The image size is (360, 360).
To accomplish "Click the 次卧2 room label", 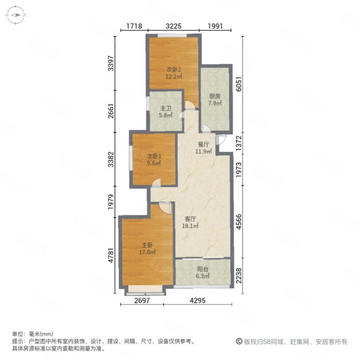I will coord(174,70).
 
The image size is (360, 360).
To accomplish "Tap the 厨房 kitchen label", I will coord(215,96).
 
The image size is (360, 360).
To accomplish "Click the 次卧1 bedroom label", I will coord(153,156).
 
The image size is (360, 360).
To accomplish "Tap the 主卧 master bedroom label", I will coord(147,245).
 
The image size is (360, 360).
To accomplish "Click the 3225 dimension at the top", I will coord(173,26).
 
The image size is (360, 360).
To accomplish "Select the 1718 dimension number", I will coord(134,26).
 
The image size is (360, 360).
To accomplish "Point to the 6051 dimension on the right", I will coord(240,85).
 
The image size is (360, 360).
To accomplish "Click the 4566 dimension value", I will coord(240,217).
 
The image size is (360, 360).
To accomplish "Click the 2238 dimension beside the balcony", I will coord(240,275).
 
